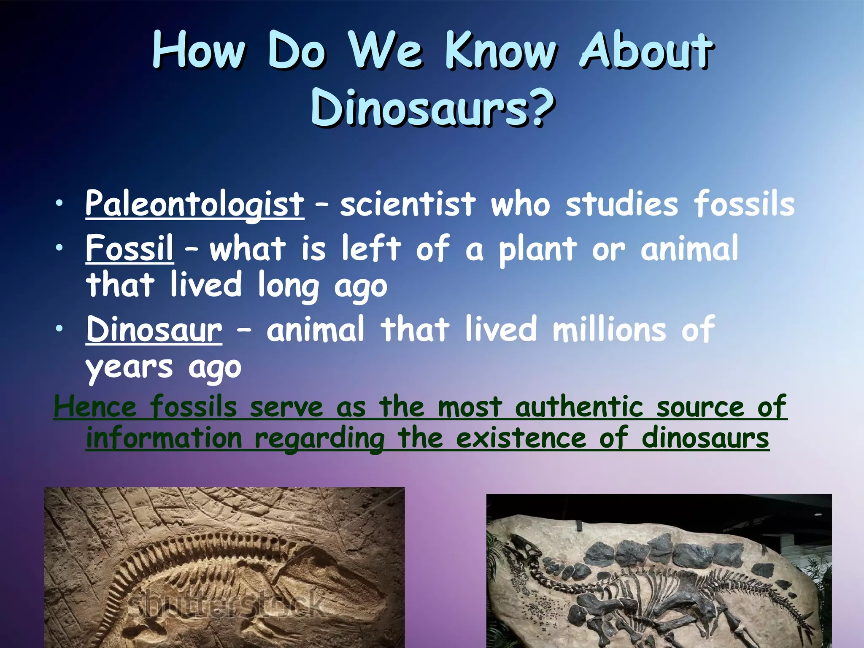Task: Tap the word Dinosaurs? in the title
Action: [432, 108]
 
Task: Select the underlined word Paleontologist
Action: [194, 204]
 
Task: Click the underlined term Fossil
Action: [130, 248]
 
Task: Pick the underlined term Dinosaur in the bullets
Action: [154, 329]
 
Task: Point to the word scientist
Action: [408, 204]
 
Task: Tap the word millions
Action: [609, 329]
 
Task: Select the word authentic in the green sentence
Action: [579, 408]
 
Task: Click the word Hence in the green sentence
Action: [95, 408]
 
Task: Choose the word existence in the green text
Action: [521, 438]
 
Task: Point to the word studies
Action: [621, 204]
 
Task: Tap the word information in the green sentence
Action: [164, 438]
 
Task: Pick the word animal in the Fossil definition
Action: [689, 248]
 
